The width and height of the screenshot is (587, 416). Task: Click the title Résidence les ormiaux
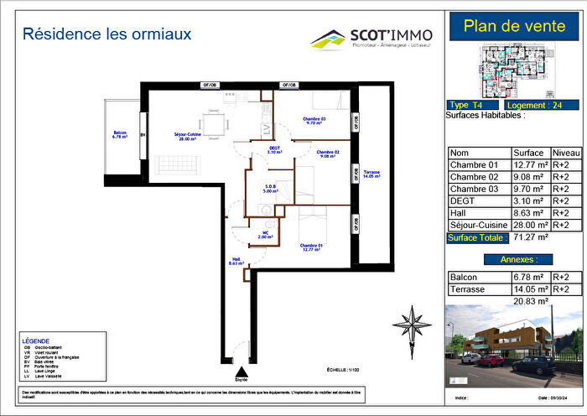[106, 34]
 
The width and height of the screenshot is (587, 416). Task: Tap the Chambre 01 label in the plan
[312, 247]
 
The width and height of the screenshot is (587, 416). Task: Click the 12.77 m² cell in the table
[528, 165]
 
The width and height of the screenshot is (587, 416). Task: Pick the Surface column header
[528, 153]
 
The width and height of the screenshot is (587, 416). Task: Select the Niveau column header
[566, 153]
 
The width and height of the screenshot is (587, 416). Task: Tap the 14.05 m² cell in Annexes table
[528, 289]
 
